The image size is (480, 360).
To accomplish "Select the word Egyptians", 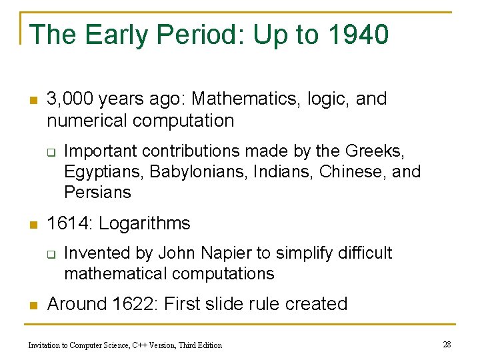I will coord(104,172).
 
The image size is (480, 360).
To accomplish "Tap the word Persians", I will coord(98,193).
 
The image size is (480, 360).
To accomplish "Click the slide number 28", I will coord(447,344).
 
